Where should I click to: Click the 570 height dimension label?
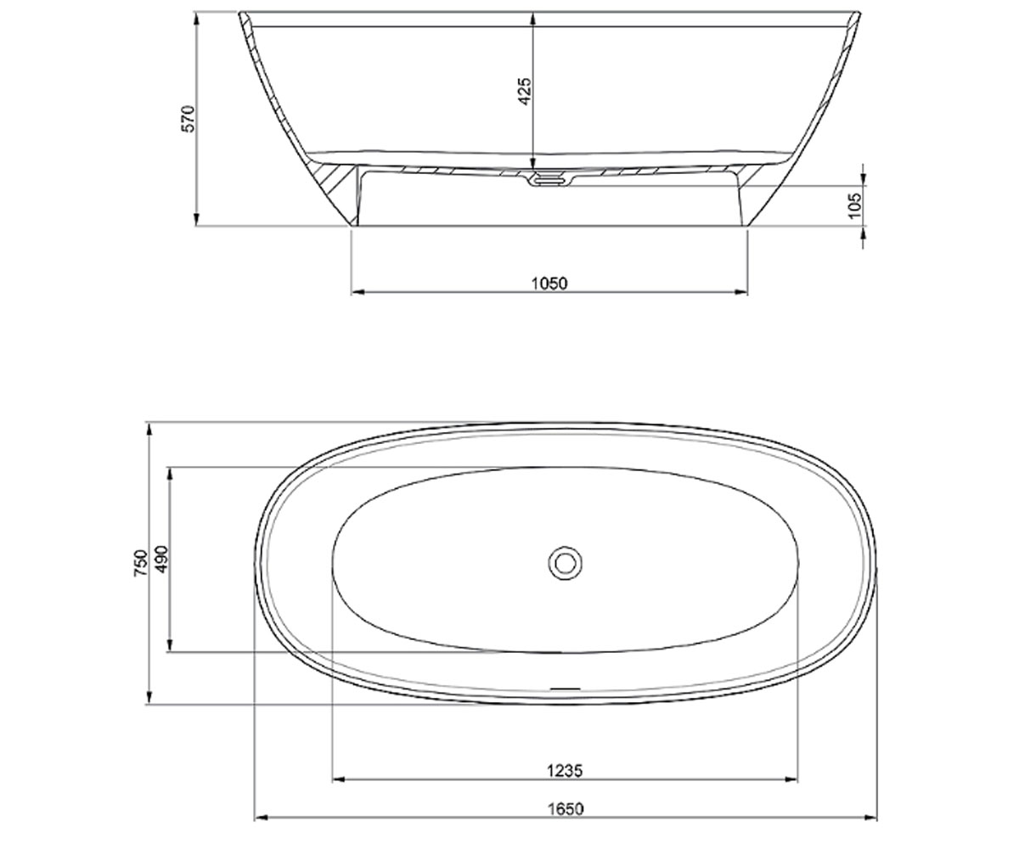(x=188, y=119)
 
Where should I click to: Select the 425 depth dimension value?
(x=525, y=91)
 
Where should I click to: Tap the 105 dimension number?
(x=855, y=205)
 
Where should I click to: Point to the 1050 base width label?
(x=549, y=284)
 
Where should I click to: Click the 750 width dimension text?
(x=140, y=563)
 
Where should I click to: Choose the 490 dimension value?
(x=161, y=559)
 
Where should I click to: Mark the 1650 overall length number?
(x=566, y=809)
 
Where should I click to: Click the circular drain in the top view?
(x=565, y=563)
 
